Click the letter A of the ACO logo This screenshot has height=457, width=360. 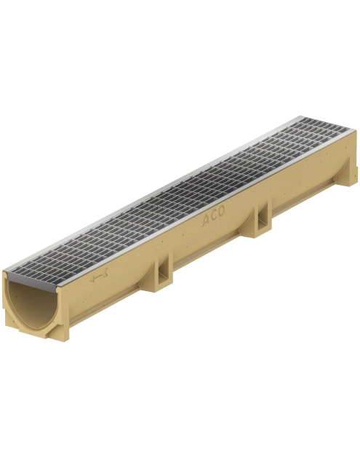point(206,220)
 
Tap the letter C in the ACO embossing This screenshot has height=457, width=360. point(214,215)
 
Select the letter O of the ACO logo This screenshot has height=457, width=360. point(221,211)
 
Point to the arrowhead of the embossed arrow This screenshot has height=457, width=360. point(93,280)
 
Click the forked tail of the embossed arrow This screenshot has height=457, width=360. point(105,271)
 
